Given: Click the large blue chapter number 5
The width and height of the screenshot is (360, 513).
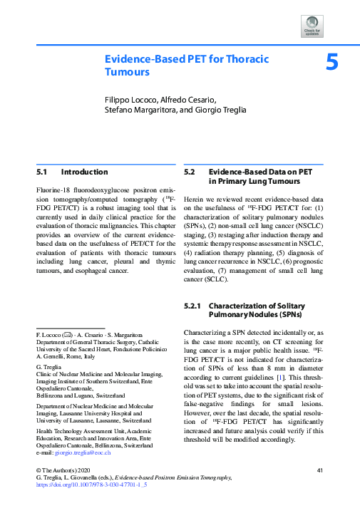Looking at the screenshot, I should pos(331,62).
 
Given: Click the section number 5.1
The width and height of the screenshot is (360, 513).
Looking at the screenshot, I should pos(42,172).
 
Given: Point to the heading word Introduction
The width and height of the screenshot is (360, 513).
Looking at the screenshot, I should pos(85,172).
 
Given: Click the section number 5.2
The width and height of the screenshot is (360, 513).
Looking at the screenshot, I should pos(190,172).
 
